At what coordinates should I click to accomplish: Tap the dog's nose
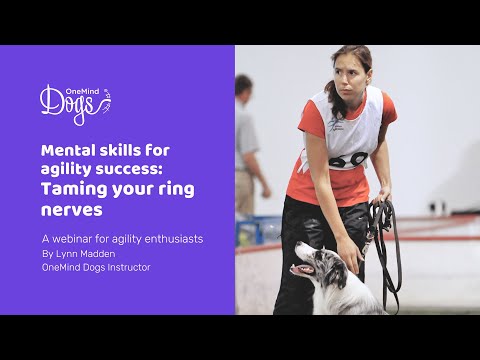(294, 263)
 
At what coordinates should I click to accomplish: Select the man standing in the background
(246, 150)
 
